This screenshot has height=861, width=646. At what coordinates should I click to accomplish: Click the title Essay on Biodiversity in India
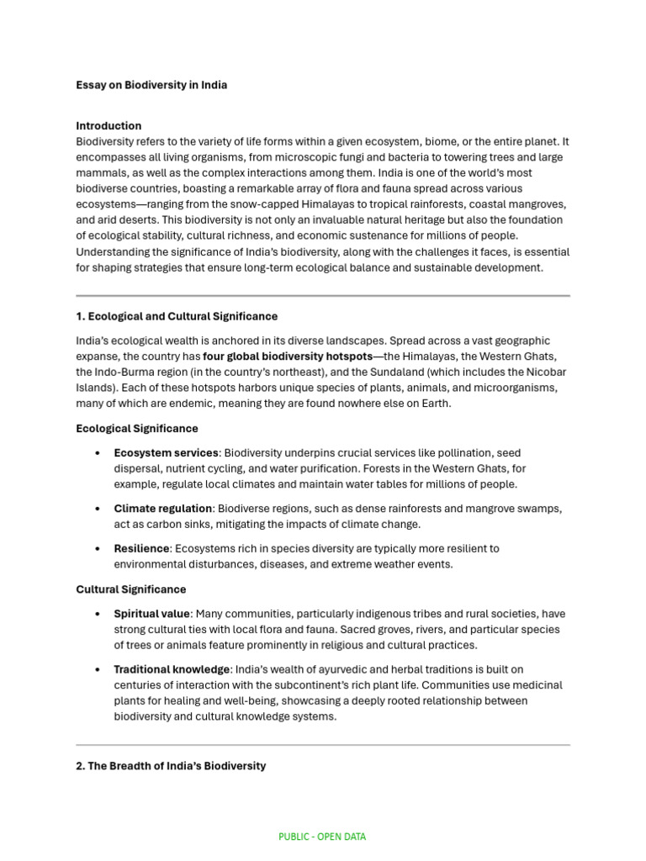[151, 85]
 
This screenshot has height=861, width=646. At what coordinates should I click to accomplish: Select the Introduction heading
[109, 126]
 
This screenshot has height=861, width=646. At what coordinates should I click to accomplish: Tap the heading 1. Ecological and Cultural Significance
[177, 316]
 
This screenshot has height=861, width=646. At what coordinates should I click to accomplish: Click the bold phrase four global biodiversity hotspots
[288, 356]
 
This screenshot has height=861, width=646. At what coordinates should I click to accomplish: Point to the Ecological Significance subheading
[137, 428]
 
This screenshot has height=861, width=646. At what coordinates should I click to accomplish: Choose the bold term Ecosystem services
[166, 452]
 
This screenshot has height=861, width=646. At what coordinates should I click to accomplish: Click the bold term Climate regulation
[162, 509]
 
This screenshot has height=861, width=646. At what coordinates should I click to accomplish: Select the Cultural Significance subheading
[130, 589]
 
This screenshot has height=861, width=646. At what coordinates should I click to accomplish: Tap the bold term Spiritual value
[151, 614]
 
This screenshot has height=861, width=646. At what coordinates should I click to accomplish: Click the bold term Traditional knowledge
[172, 669]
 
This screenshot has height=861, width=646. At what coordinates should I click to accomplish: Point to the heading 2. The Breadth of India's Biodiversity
[171, 766]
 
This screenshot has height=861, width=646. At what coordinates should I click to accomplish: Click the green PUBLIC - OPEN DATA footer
[322, 837]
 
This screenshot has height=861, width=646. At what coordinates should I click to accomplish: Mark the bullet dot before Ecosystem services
[98, 453]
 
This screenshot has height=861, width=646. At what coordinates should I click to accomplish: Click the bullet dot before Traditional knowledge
[98, 670]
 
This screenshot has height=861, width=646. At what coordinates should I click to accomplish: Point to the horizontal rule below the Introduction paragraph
[323, 296]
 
